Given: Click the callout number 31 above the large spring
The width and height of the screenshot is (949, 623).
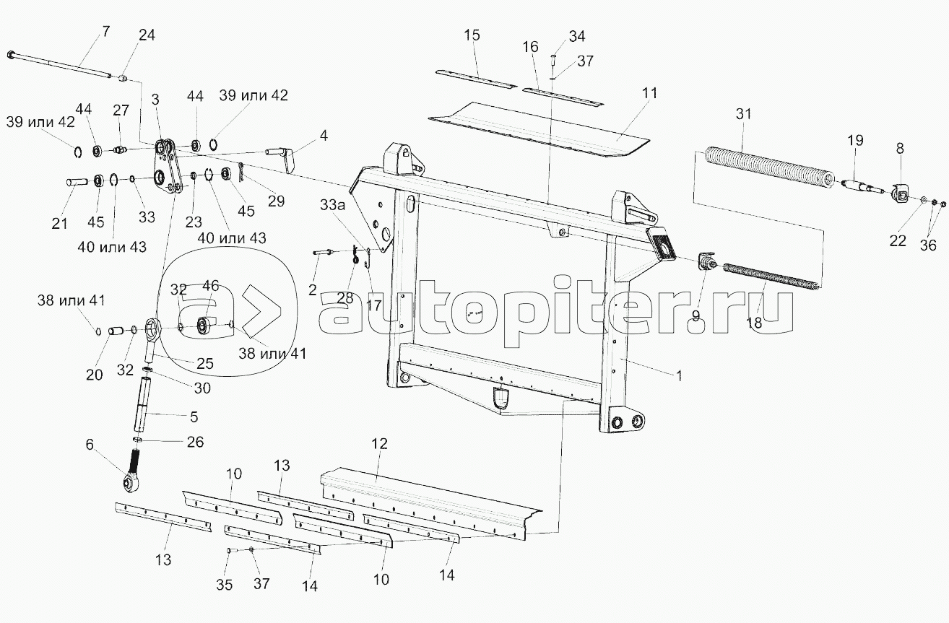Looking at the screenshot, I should click(744, 113).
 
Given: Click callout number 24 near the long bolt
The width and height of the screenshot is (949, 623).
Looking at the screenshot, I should click(146, 35).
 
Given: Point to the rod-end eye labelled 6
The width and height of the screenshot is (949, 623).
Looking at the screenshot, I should click(131, 479).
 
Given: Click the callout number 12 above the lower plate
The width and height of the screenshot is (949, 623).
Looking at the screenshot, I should click(380, 443).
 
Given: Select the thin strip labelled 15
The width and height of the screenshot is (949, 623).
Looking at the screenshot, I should click(476, 79).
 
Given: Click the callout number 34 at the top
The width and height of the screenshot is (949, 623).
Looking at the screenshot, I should click(577, 36).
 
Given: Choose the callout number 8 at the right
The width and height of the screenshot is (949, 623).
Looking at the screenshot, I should click(899, 149).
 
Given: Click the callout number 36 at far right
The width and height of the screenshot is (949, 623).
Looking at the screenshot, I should click(927, 245).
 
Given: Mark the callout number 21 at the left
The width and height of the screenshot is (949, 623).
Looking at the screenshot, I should click(60, 224).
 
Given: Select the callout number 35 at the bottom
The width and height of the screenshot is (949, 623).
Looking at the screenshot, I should click(225, 585).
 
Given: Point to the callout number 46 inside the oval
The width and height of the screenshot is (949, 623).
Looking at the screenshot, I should click(210, 286).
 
